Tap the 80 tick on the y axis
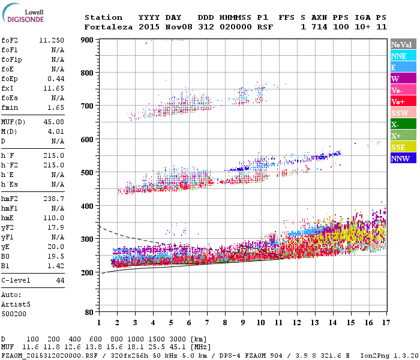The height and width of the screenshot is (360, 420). (89, 313)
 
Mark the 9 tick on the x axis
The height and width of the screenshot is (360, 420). (243, 322)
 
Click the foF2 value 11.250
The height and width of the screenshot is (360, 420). (52, 40)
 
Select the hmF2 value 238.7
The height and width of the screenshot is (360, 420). (54, 198)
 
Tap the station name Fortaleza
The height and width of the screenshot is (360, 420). (109, 27)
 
